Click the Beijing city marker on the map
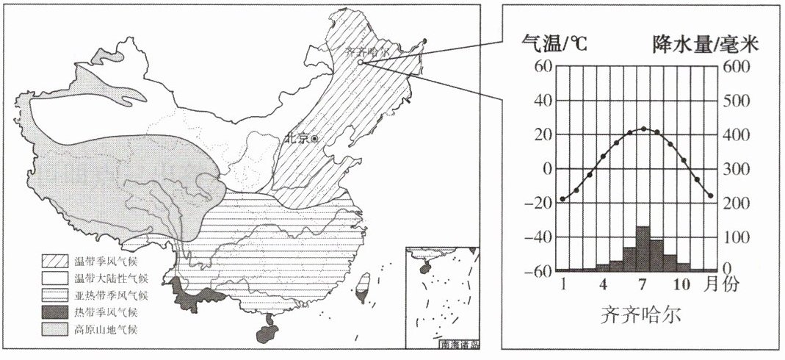(315, 138)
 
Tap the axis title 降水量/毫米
(706, 45)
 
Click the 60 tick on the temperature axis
(542, 67)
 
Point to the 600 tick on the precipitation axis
(739, 67)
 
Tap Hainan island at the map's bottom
(266, 328)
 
